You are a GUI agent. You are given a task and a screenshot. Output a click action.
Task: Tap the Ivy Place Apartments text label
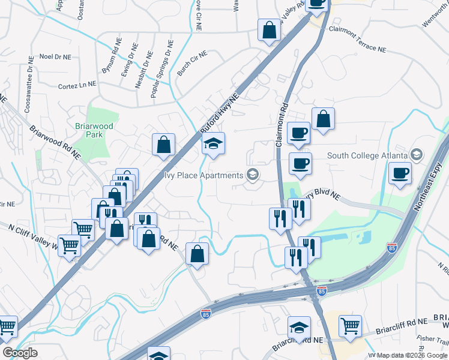tap(203, 175)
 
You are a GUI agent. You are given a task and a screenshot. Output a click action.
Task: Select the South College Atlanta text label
tap(367, 155)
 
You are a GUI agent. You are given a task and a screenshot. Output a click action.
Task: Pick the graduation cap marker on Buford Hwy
tap(212, 144)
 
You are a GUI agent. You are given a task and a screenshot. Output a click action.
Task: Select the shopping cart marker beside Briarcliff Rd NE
tap(350, 326)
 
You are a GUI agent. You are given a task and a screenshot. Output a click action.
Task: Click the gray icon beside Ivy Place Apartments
tap(253, 175)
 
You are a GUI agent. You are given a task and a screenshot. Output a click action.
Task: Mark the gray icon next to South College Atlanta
tap(416, 155)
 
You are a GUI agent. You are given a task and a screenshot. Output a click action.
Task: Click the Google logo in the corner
tap(20, 353)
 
